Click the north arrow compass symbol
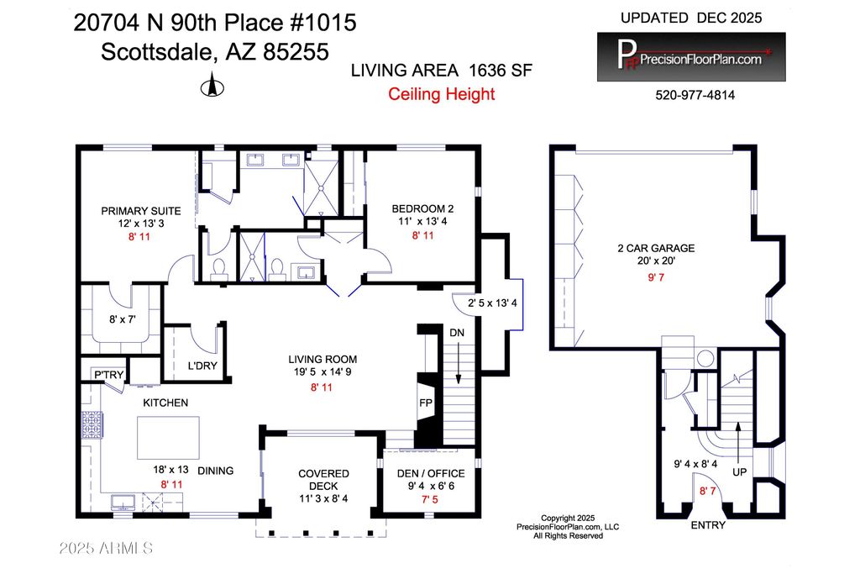click(x=212, y=85)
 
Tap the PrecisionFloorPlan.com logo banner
click(x=691, y=57)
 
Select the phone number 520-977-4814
click(x=695, y=95)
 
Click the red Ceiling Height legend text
click(x=442, y=94)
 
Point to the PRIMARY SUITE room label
click(x=141, y=211)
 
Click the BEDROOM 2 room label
click(x=422, y=208)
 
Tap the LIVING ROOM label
click(x=322, y=360)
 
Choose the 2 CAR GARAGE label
click(x=656, y=248)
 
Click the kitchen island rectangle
click(x=168, y=437)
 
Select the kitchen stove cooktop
click(x=92, y=424)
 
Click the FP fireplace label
click(x=426, y=403)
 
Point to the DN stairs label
click(x=457, y=333)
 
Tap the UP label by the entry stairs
click(x=739, y=472)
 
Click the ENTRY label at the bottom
click(x=708, y=525)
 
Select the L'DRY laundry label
click(x=202, y=366)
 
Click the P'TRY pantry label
click(x=108, y=375)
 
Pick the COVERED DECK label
click(x=323, y=480)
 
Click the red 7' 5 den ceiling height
click(x=430, y=499)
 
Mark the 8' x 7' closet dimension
click(x=123, y=319)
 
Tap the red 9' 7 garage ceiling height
click(x=656, y=277)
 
